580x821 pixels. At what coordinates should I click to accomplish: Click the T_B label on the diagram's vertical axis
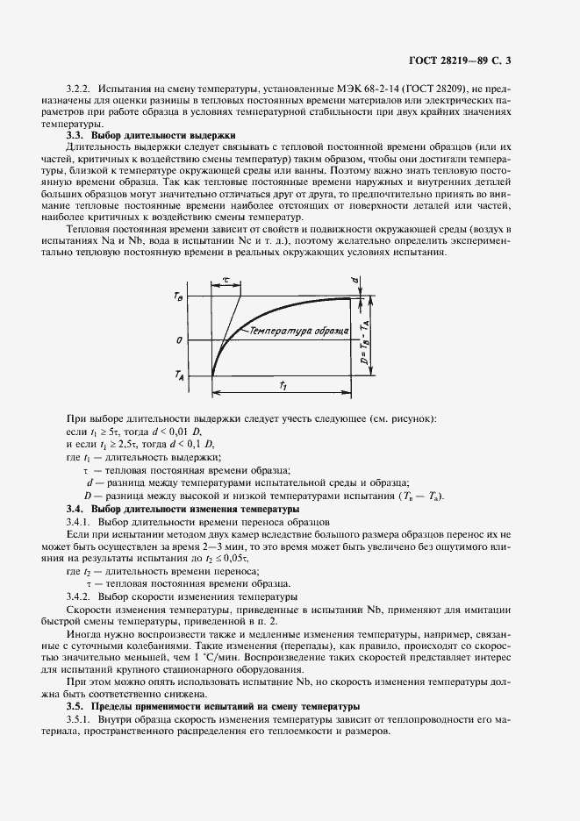pos(179,297)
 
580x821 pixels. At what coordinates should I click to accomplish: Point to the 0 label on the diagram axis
pos(179,339)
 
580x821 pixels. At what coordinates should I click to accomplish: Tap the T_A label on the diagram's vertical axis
pos(179,375)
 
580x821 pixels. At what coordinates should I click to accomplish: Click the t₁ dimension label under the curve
pos(282,385)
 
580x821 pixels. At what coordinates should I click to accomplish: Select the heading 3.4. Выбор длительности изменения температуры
pos(183,510)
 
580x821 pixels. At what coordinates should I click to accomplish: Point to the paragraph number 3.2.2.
pos(81,90)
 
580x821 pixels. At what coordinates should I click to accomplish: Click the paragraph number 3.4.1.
pos(82,522)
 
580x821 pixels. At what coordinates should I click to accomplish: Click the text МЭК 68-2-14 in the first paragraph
pos(353,90)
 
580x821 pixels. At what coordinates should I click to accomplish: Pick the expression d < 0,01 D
pos(182,433)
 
